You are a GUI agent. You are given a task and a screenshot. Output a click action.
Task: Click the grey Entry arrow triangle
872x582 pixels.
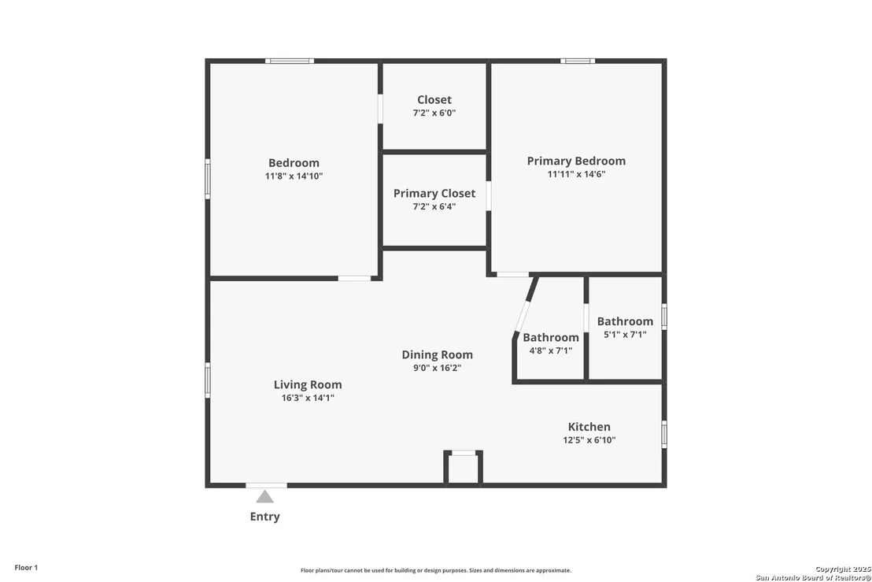[x=264, y=497]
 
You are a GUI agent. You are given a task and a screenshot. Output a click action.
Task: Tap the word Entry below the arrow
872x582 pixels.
[x=264, y=517]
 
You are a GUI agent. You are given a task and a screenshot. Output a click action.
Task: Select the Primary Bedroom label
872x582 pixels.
[x=576, y=161]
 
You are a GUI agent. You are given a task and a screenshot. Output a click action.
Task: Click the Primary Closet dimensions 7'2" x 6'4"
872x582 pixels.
[x=434, y=206]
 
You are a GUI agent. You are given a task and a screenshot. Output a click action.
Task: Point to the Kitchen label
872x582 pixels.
[x=589, y=427]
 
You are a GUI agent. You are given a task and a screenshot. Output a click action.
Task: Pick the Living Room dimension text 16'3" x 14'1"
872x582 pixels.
[x=308, y=398]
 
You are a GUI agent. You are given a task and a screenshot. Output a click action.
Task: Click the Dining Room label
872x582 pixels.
[x=437, y=354]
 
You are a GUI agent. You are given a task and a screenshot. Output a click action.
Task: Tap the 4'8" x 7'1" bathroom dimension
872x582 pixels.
[x=551, y=350]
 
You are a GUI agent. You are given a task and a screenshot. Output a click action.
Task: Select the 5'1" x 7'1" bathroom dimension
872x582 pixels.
[x=625, y=335]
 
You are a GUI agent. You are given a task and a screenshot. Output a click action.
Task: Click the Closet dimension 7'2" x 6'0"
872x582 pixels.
[x=434, y=113]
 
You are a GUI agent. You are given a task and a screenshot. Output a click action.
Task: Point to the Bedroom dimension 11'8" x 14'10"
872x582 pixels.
[x=294, y=176]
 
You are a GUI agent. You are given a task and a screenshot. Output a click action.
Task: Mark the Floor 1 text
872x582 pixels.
[x=26, y=568]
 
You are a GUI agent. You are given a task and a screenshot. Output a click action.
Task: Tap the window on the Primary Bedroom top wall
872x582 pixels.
[x=577, y=61]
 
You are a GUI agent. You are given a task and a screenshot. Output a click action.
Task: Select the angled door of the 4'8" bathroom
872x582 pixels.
[x=523, y=317]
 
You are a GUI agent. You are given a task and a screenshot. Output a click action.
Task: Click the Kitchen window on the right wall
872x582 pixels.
[x=664, y=434]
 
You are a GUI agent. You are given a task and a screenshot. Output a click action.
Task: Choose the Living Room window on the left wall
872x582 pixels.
[x=208, y=380]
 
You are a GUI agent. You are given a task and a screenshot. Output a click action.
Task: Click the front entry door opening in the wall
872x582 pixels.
[x=266, y=485]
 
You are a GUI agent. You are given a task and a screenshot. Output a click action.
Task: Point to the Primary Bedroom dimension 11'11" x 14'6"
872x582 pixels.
[x=576, y=174]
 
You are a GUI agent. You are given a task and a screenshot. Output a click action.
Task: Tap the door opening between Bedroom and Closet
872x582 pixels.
[x=380, y=109]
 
